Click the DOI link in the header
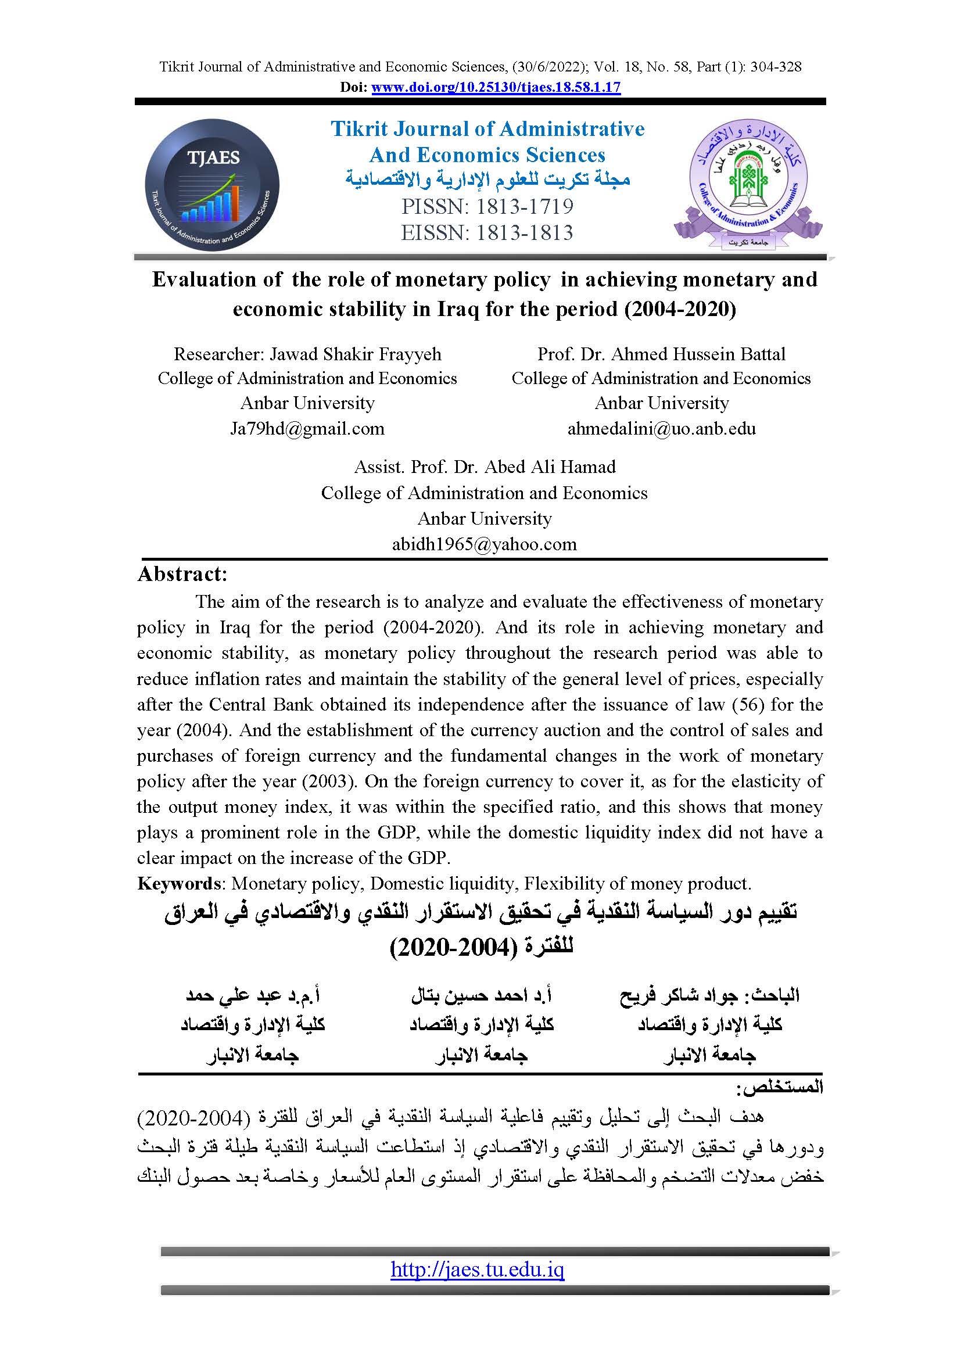(x=496, y=88)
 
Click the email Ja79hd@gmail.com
(x=307, y=429)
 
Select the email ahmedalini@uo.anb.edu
(x=661, y=429)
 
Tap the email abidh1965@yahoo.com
(x=484, y=544)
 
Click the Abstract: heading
(x=182, y=574)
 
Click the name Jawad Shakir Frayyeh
(x=355, y=354)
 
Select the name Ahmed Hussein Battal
(x=698, y=354)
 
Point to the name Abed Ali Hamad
(x=550, y=467)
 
